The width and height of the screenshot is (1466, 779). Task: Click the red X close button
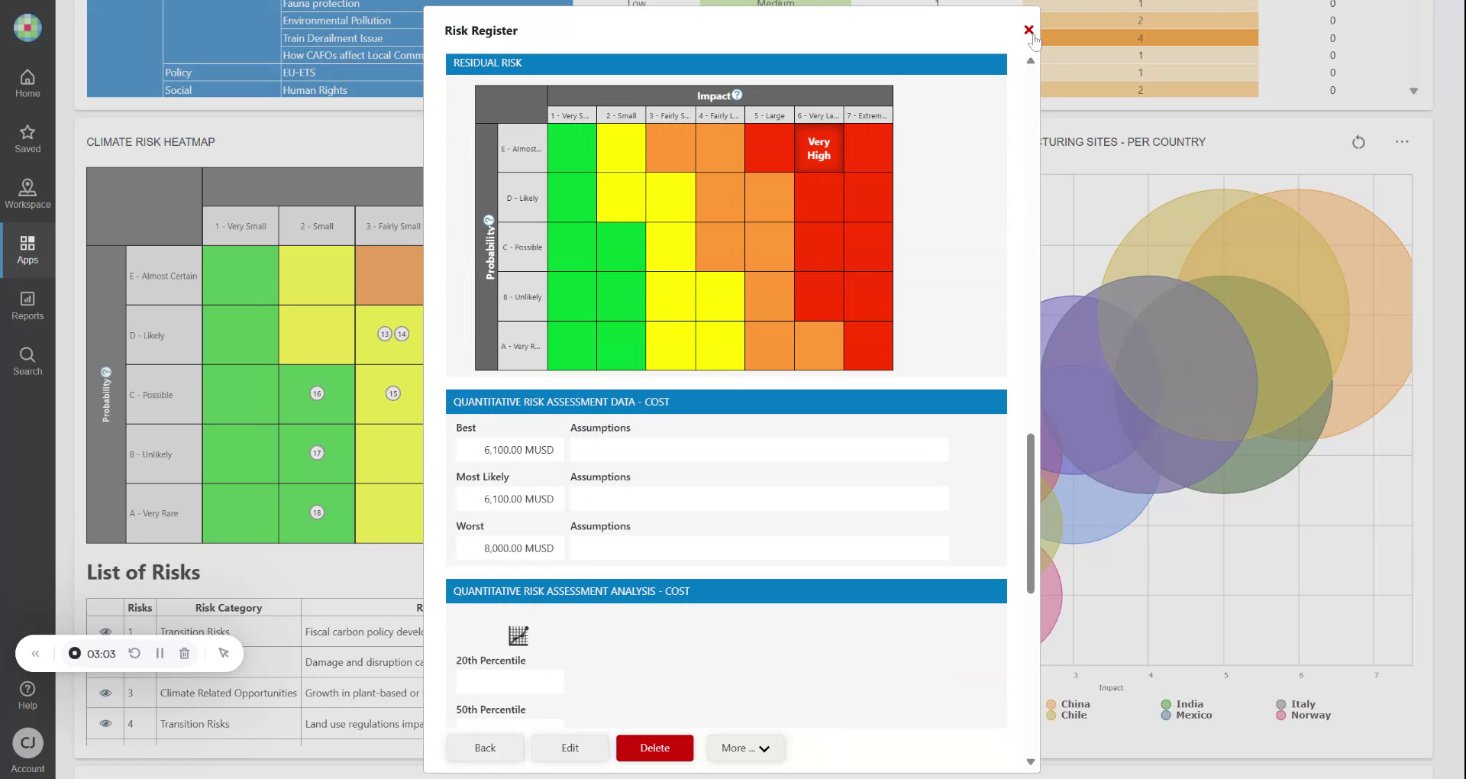coord(1028,30)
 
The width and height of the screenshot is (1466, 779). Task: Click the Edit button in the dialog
coord(570,748)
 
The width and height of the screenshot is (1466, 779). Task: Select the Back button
coord(485,748)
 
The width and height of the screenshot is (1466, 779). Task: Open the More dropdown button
coord(745,748)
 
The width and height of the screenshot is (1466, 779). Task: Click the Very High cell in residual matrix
coord(819,148)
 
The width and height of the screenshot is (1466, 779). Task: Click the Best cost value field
coord(510,450)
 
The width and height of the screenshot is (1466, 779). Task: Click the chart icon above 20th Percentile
coord(518,635)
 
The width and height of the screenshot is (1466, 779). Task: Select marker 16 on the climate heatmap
coord(317,393)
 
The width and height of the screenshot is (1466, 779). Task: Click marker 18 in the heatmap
coord(317,512)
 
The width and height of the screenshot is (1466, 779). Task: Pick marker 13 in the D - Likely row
coord(385,334)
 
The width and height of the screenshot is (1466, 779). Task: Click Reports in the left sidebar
coord(27,305)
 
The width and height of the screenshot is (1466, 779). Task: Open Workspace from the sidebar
coord(27,194)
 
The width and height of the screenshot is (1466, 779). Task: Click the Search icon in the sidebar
coord(27,360)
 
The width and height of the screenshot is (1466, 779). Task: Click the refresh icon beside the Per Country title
coord(1358,142)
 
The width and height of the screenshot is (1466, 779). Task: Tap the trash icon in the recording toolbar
coord(184,653)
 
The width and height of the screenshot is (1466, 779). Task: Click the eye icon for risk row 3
coord(105,693)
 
